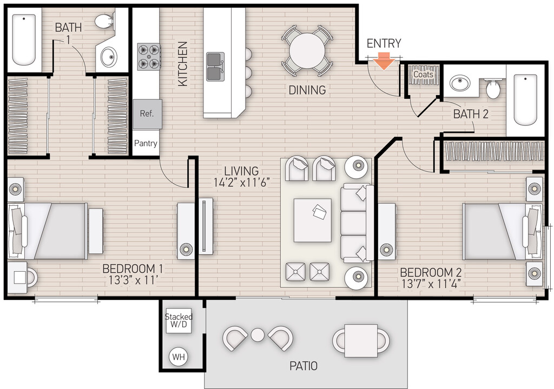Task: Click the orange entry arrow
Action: (384, 62)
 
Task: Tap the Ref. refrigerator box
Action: (147, 114)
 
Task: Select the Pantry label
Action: (146, 143)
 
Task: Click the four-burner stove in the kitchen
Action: (149, 57)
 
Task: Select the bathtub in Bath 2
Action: (524, 100)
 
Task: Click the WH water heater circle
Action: (177, 357)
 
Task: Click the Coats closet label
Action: (423, 74)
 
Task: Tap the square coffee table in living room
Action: (313, 220)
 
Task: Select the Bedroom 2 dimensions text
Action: (431, 282)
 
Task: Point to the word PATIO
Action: (303, 366)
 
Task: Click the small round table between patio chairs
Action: (258, 335)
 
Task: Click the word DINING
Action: (307, 90)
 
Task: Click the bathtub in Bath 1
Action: (24, 39)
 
